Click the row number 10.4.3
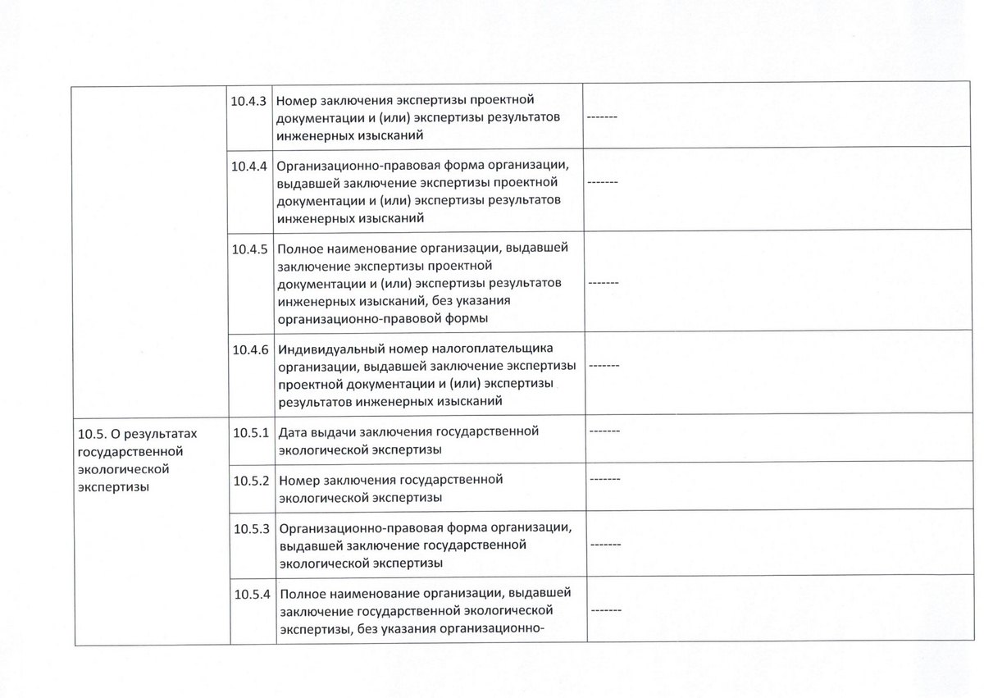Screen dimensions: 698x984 (x=249, y=102)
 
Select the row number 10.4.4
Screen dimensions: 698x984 (x=249, y=166)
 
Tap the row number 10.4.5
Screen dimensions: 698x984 (x=249, y=249)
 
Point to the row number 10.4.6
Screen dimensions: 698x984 (x=249, y=349)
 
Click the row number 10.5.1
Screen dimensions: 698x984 (x=251, y=431)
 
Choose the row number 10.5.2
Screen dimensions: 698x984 (x=251, y=480)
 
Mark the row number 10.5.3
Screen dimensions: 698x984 (x=251, y=529)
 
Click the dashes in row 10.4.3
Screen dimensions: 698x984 (x=603, y=118)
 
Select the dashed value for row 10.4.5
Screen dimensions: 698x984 (x=603, y=283)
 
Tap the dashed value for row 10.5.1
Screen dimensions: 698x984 (x=604, y=431)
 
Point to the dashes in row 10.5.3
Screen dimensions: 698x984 (x=604, y=545)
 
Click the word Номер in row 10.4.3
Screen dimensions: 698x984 (x=297, y=102)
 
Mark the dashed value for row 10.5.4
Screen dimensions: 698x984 (x=604, y=611)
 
